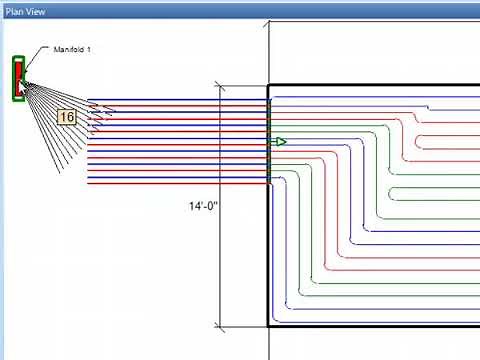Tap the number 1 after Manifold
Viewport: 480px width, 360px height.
click(89, 49)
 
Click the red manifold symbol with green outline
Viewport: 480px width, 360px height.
click(18, 78)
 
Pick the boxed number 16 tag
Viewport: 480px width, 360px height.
click(67, 117)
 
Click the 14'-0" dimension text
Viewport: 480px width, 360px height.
click(203, 207)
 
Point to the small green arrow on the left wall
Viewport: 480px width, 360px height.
click(280, 142)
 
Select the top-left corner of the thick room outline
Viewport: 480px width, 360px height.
click(269, 86)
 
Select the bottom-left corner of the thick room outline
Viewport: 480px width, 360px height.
click(269, 325)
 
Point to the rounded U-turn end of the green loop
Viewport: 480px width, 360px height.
click(387, 193)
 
